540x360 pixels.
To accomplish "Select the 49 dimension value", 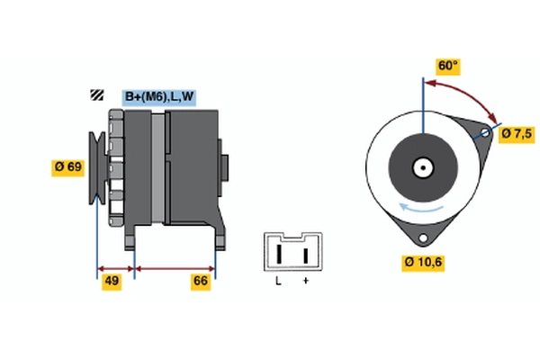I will (x=111, y=282).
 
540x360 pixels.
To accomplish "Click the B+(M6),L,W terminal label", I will (x=158, y=96).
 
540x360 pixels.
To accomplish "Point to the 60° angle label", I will (x=447, y=66).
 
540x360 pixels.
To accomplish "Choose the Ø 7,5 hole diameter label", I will (x=516, y=133).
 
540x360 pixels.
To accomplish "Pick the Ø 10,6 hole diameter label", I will (x=423, y=263).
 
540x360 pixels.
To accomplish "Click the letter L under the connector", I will (x=279, y=282).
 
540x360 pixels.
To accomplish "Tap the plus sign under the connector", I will (x=306, y=282).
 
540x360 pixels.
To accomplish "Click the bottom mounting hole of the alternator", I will (x=422, y=238).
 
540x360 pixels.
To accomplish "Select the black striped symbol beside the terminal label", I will (x=95, y=95).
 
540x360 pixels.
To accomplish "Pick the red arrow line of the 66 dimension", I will (x=175, y=268).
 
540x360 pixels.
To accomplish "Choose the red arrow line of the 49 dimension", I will (x=115, y=268).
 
